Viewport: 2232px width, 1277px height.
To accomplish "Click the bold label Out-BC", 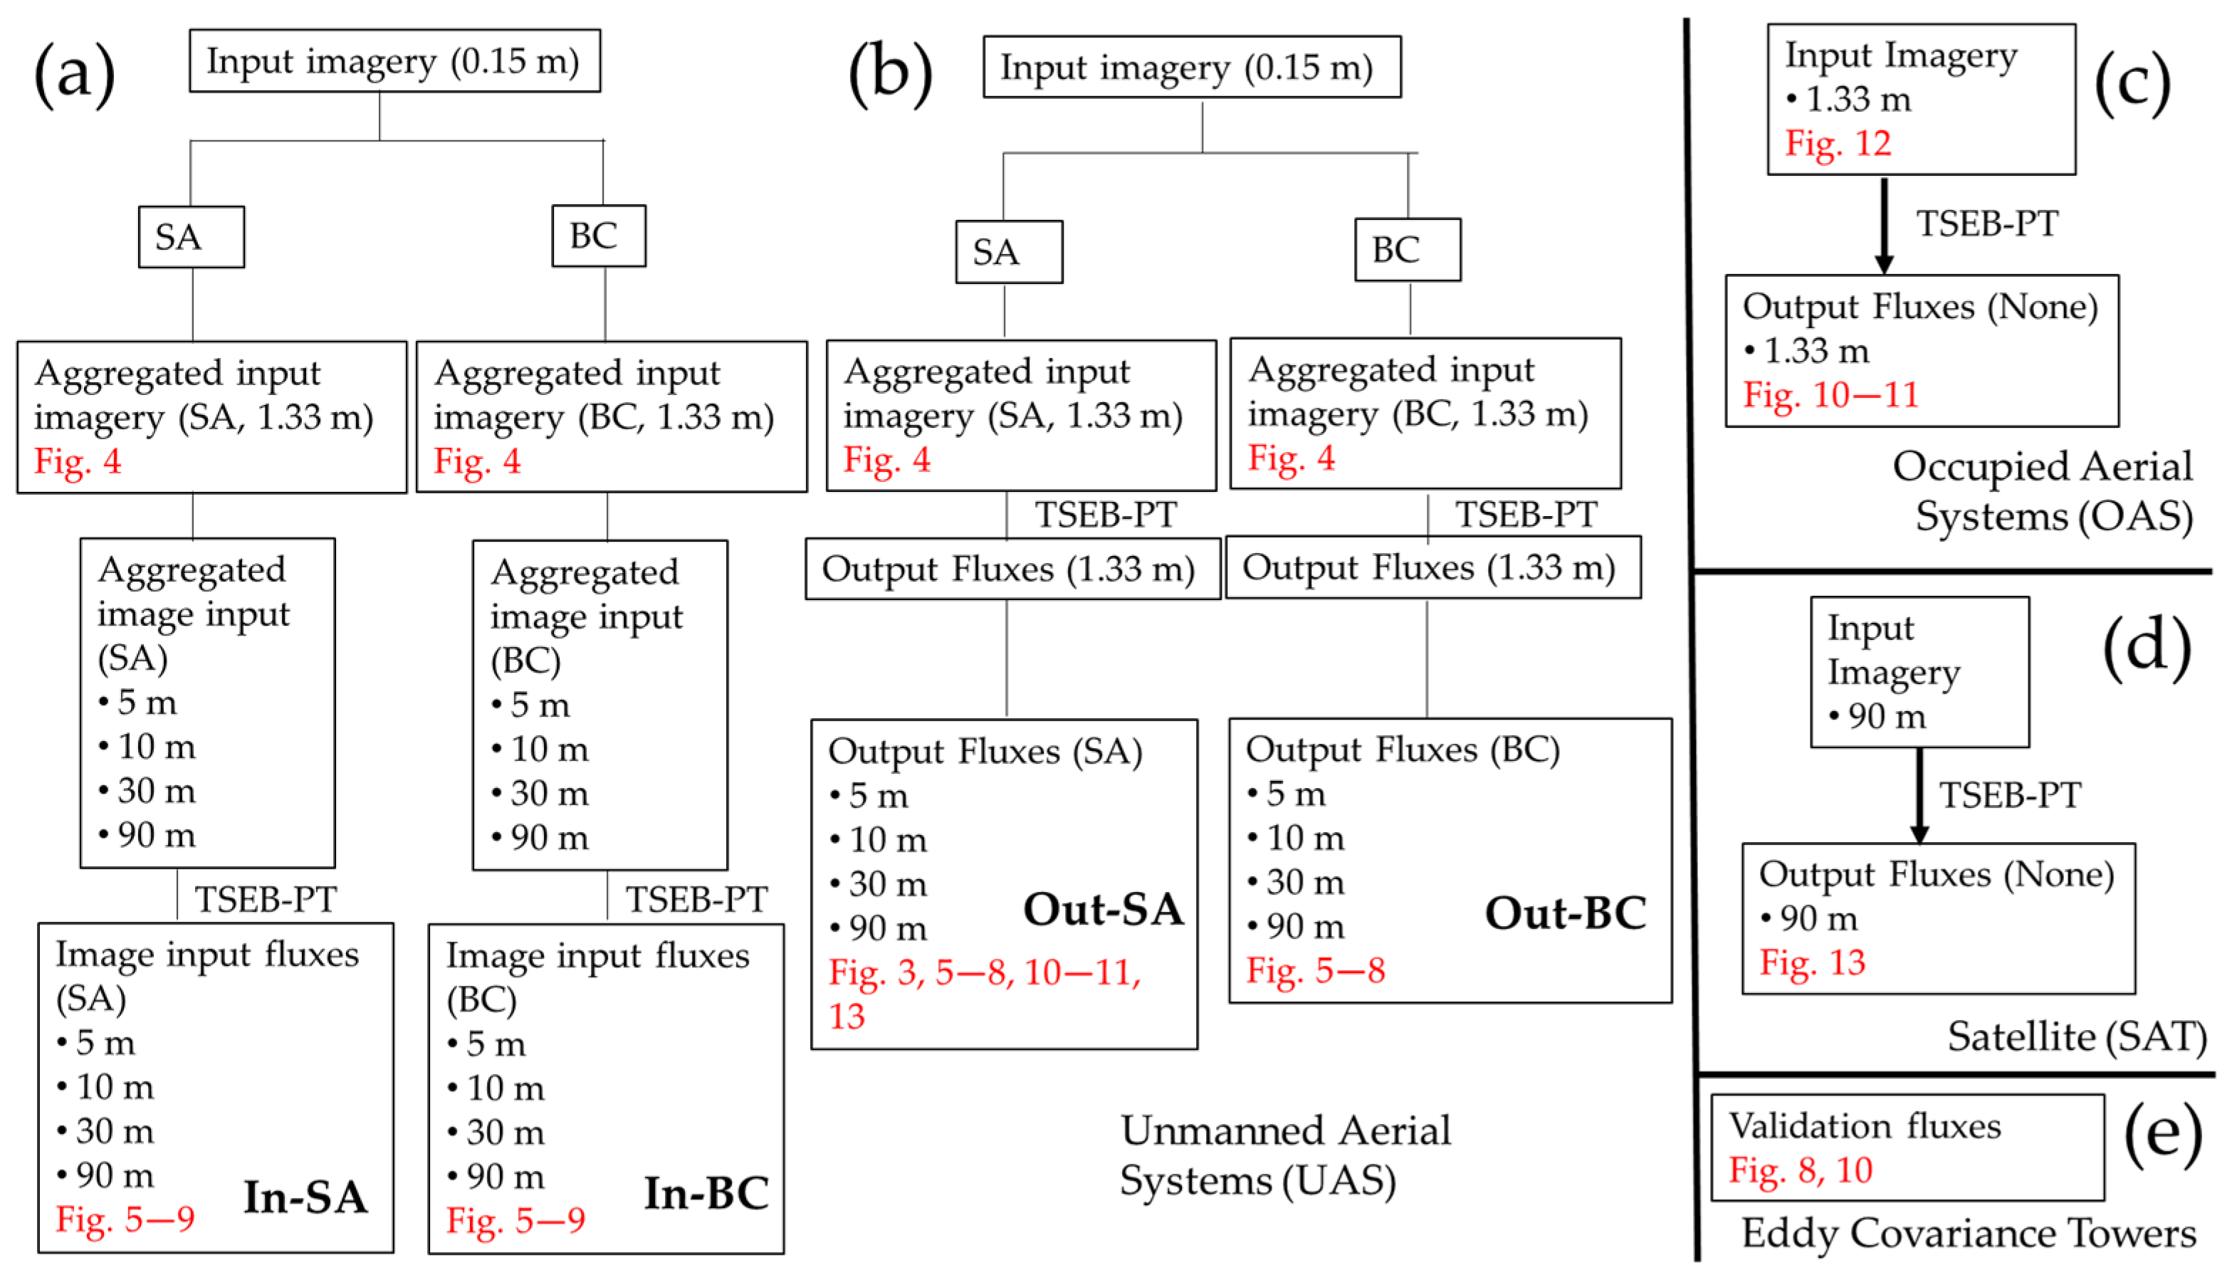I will (x=1565, y=913).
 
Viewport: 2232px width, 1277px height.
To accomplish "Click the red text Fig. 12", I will (x=1838, y=143).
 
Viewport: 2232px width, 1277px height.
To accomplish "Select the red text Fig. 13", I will (x=1812, y=962).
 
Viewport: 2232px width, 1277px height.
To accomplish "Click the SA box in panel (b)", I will (x=1009, y=252).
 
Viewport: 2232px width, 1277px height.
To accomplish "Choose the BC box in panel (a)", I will (x=599, y=236).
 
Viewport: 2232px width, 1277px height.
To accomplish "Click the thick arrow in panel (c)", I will (x=1884, y=226).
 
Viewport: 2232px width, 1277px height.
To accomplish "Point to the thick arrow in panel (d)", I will (x=1919, y=794).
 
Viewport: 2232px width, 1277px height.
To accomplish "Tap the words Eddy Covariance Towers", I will (x=1968, y=1233).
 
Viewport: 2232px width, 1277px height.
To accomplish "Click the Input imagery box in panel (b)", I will (x=1191, y=68).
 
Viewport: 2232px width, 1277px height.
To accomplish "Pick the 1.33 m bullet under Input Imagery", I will (x=1849, y=99).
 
